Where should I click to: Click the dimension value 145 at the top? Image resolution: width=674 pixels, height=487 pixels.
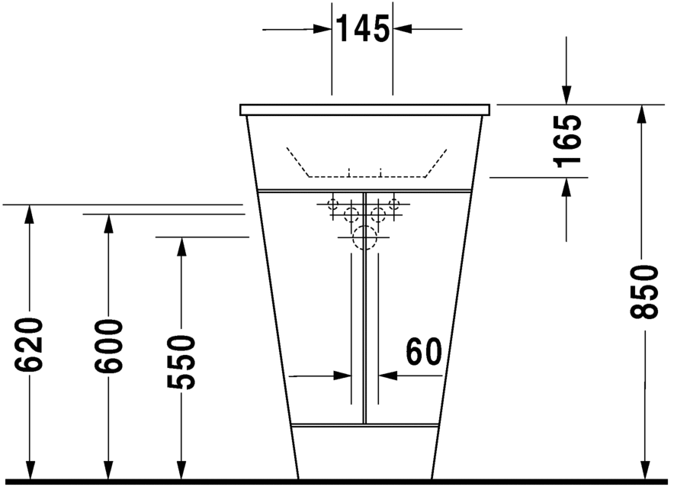coord(362,29)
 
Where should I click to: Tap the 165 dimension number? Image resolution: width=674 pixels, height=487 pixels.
coord(568,141)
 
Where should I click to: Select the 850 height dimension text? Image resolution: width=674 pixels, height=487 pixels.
coord(644,292)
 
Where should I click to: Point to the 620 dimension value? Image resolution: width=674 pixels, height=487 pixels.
coord(29,344)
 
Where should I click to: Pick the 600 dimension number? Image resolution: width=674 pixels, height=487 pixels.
coord(108,346)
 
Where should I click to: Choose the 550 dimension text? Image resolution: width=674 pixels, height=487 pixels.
coord(181,363)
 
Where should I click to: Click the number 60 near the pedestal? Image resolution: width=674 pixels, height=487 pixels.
coord(424,351)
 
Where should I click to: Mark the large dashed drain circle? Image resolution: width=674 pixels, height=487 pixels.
coord(364,238)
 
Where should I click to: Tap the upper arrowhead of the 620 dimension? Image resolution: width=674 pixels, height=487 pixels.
coord(29,214)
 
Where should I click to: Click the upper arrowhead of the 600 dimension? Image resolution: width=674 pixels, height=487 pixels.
coord(108,223)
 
